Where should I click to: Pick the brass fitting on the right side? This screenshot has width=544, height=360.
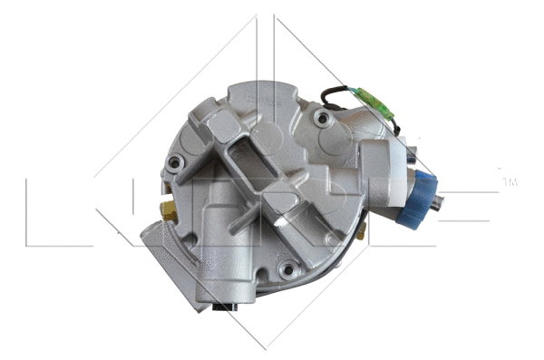coord(360,233)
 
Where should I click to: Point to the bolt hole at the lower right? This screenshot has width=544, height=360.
coord(287,268)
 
